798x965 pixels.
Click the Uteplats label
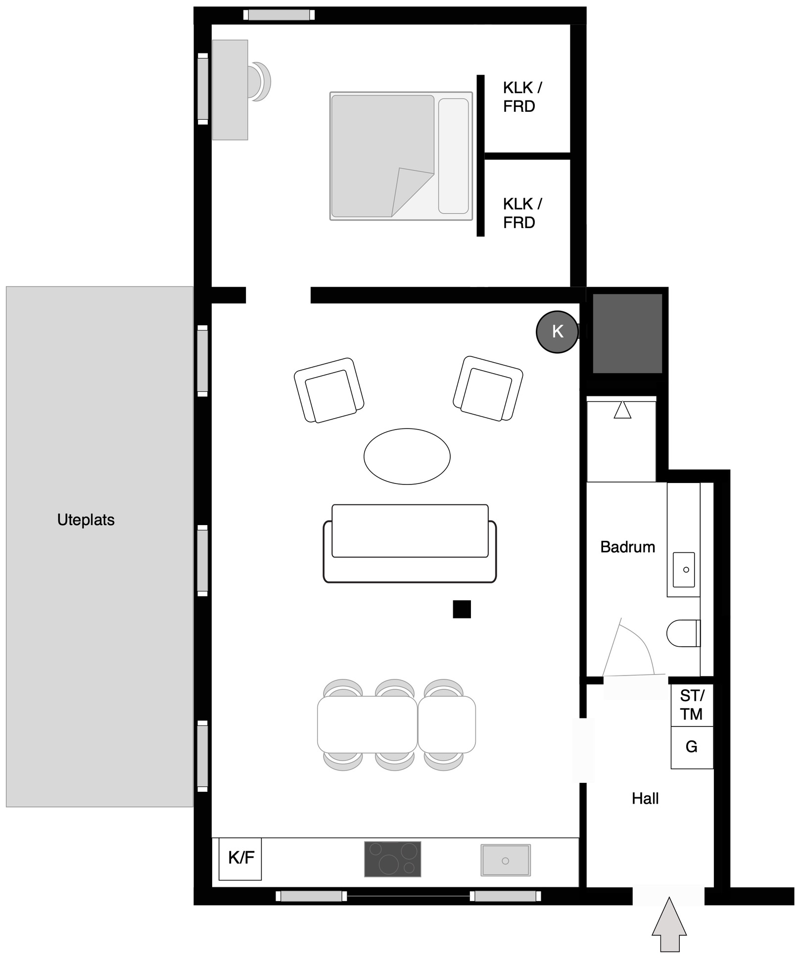tap(86, 520)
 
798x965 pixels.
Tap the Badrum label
tap(627, 547)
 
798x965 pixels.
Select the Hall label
tap(645, 798)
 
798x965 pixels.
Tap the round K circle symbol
tap(558, 332)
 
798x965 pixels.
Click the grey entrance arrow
tap(669, 924)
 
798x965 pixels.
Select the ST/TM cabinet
tap(692, 705)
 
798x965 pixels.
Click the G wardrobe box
tap(692, 747)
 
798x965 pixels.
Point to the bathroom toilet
tap(683, 633)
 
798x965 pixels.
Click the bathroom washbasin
tap(684, 570)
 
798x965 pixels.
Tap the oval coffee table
tap(407, 456)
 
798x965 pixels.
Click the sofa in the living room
tap(410, 543)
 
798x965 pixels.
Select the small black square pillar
tap(462, 609)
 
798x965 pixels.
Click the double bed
tap(401, 156)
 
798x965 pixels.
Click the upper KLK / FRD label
tap(522, 97)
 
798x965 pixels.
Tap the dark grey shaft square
tap(627, 333)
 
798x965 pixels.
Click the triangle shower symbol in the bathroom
tap(622, 410)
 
